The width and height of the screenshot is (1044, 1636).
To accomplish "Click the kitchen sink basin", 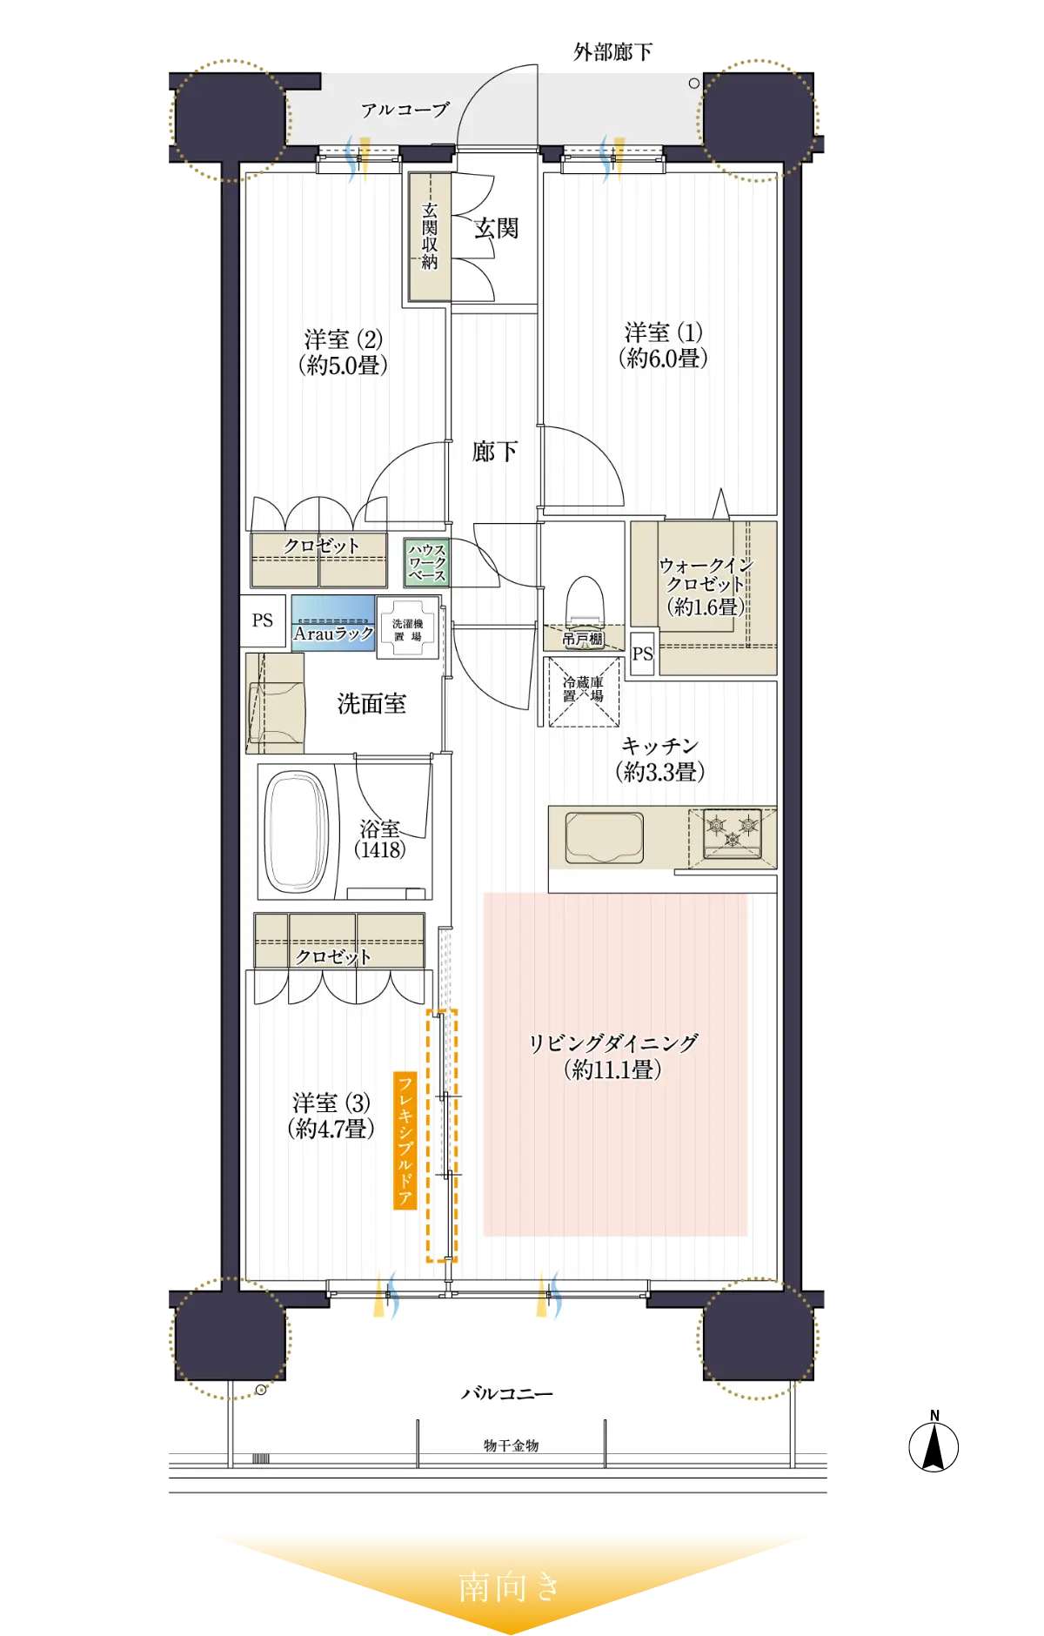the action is coord(605,837).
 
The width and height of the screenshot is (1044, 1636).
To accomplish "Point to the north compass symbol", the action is coord(934,1445).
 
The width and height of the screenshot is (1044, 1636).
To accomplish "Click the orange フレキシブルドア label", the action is coord(405,1140).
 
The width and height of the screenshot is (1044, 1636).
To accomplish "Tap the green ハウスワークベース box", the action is coord(427,562).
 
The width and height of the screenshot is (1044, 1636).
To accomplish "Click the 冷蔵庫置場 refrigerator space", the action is coord(583,691).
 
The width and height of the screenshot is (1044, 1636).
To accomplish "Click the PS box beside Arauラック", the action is coord(263,620).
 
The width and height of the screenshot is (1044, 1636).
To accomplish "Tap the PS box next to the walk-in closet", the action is coord(643,654).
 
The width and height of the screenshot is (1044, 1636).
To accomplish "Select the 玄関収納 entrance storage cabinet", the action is coord(430,237).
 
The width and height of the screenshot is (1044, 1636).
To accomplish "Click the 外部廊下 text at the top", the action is coord(612,52).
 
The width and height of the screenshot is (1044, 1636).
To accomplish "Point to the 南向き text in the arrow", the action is coord(510,1587).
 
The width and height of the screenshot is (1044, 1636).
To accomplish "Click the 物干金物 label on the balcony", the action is coord(512,1445).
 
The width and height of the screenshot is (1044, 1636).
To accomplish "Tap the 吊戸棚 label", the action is coord(583,639).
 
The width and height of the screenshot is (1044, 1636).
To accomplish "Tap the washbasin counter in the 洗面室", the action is coord(275,703).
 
